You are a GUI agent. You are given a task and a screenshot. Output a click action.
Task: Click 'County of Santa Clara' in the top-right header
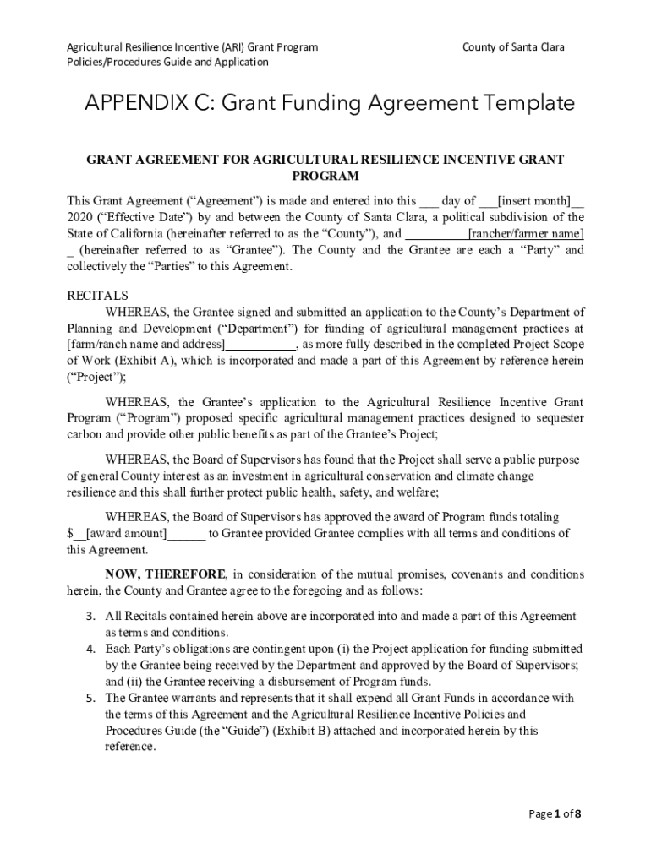(x=512, y=46)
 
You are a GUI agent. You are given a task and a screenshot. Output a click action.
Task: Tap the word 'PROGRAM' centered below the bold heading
(x=325, y=177)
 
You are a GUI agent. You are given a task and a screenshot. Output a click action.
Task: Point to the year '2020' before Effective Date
(x=80, y=217)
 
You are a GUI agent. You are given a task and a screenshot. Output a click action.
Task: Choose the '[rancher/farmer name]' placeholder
(x=525, y=234)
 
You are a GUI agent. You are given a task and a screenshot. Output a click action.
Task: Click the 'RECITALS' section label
(x=97, y=296)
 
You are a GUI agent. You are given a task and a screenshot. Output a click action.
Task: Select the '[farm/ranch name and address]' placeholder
(x=146, y=345)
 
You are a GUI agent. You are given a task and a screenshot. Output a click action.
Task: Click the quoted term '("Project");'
(x=96, y=377)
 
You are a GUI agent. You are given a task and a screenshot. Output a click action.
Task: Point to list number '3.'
(x=90, y=617)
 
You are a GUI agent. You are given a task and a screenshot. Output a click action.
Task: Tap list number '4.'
(x=90, y=649)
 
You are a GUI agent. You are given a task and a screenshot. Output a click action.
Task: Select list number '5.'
(x=90, y=698)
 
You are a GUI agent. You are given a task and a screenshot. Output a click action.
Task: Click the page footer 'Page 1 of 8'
(x=555, y=814)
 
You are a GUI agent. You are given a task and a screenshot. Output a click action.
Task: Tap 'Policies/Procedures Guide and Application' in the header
(x=167, y=62)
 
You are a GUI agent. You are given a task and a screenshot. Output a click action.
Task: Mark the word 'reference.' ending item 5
(x=130, y=747)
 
